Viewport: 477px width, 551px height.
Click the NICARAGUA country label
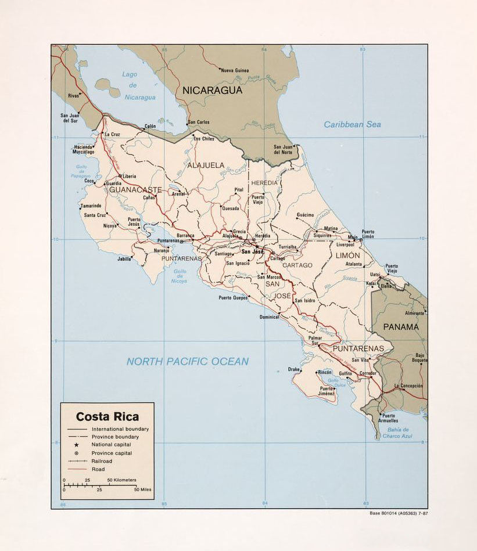click(x=211, y=90)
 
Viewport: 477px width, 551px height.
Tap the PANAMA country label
click(x=400, y=327)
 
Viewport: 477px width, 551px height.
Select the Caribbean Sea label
click(x=352, y=124)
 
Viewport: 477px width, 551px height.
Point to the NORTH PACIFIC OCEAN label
click(x=187, y=361)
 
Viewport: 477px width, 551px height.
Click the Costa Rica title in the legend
click(x=107, y=416)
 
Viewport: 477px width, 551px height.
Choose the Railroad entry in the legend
click(x=102, y=461)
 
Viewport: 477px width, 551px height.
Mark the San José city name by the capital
click(x=253, y=252)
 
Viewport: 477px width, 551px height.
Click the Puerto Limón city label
click(x=368, y=234)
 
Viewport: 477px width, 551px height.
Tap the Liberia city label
click(x=129, y=176)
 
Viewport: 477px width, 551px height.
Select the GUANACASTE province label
click(x=135, y=190)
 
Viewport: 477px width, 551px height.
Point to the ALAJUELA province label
click(x=205, y=165)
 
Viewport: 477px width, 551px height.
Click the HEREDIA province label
click(x=264, y=183)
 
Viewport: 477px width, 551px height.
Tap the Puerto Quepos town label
click(x=233, y=297)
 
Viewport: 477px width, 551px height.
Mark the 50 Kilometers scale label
click(x=121, y=480)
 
